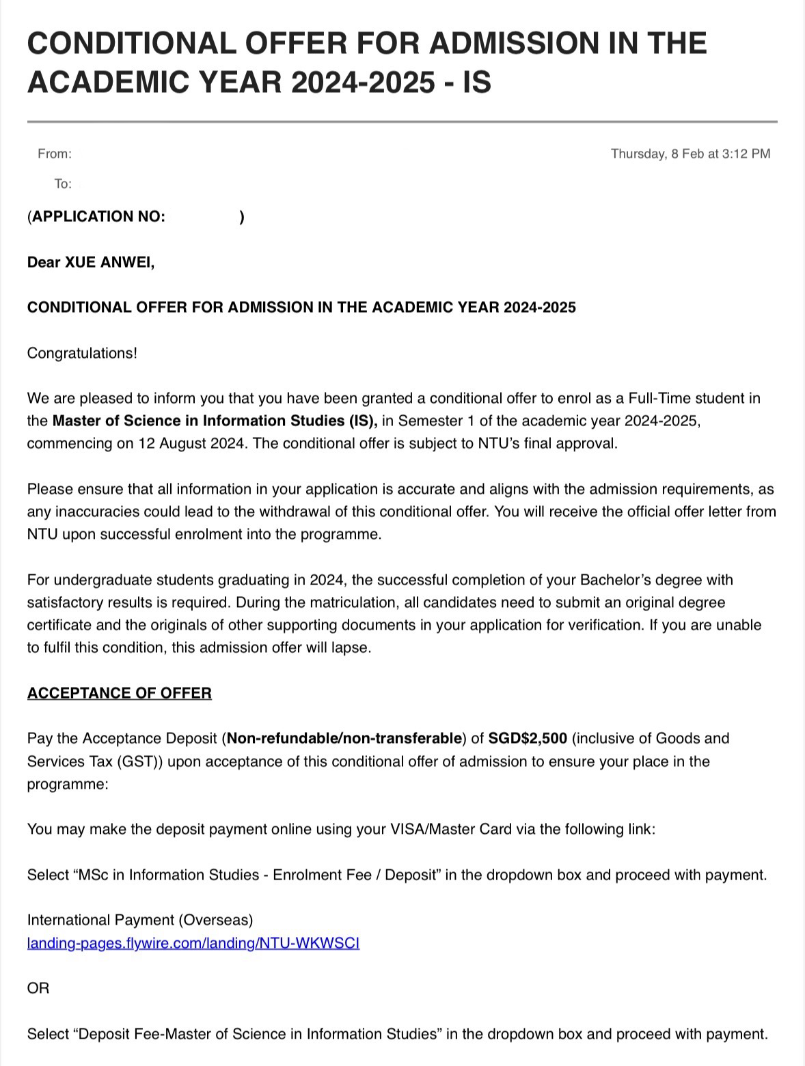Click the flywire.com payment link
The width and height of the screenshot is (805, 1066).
tap(193, 943)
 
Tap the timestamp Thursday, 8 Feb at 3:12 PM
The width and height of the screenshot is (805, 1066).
tap(690, 154)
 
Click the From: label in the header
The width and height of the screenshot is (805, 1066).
tap(55, 154)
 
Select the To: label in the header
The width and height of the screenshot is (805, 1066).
tap(63, 184)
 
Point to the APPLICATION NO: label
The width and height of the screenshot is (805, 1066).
tap(98, 216)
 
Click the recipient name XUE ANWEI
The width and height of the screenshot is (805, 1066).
tap(109, 262)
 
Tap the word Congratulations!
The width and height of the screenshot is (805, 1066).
tap(82, 353)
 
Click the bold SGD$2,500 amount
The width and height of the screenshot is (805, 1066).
tap(528, 738)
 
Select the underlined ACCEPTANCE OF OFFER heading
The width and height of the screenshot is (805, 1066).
tap(120, 693)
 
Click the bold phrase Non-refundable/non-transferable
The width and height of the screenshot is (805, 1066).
tap(344, 738)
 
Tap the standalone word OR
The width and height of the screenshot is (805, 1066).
tap(38, 988)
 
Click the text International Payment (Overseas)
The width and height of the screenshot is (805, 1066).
tap(140, 920)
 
